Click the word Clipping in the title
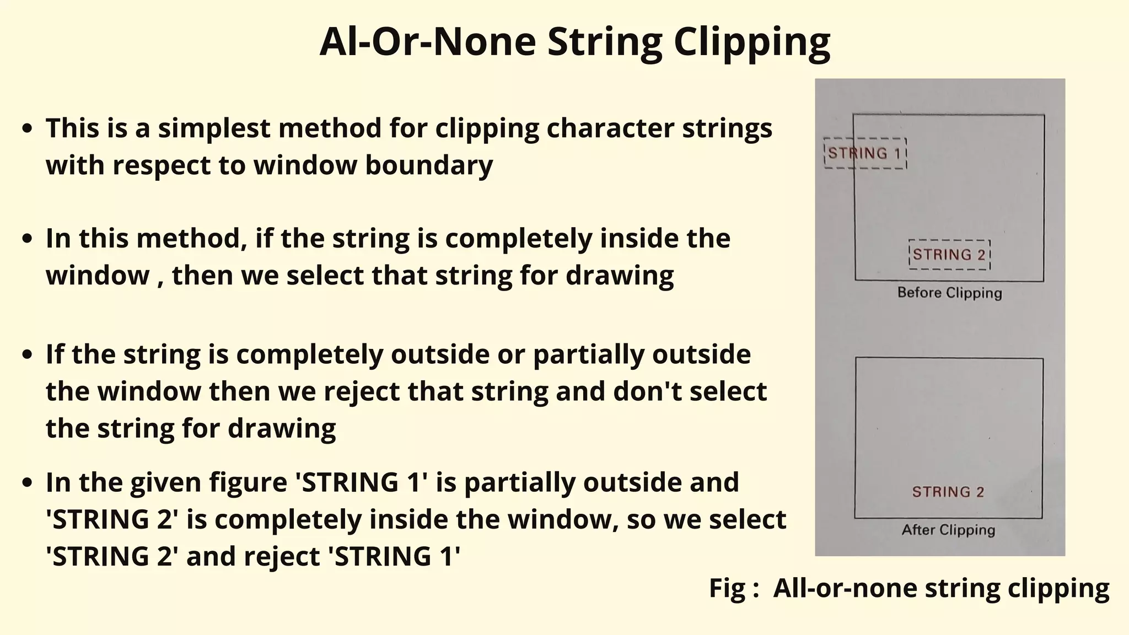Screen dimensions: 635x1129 pos(752,42)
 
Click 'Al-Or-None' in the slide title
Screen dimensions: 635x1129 pos(427,42)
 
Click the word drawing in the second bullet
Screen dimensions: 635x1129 pos(620,276)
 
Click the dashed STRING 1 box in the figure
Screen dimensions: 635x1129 pos(864,153)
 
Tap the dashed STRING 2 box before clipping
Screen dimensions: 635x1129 pos(949,255)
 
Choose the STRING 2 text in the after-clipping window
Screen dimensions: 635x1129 pos(948,492)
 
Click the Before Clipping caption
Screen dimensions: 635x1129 pos(949,293)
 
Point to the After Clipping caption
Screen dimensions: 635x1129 pos(948,530)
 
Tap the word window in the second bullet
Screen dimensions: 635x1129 pos(98,276)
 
